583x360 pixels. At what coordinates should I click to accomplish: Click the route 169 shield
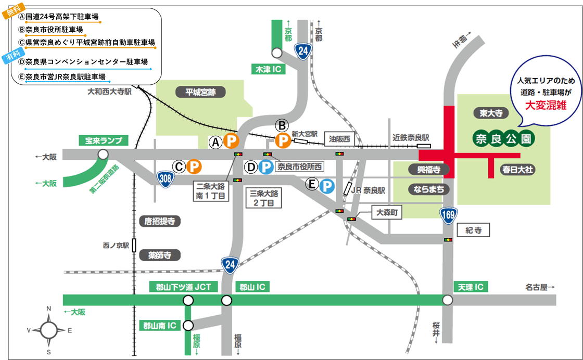click(447, 214)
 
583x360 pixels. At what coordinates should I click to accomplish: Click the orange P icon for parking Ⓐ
click(231, 140)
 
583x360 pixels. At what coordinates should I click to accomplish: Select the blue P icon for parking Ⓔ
click(327, 185)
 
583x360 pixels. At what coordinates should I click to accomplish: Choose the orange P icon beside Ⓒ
click(194, 166)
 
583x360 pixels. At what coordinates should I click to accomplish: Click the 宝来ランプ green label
click(104, 140)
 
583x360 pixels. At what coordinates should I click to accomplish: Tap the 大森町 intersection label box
click(387, 212)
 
